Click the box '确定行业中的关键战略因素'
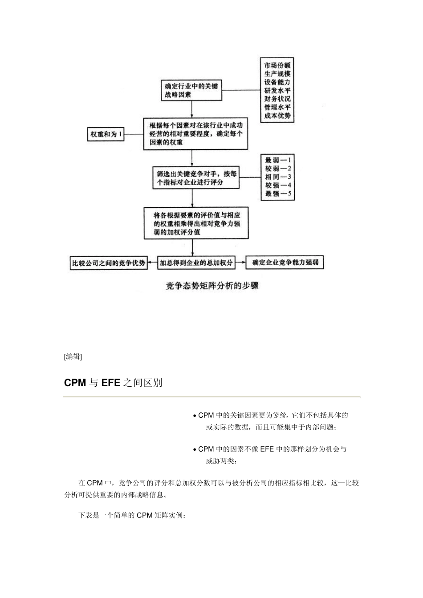coord(191,91)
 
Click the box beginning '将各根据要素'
coord(195,223)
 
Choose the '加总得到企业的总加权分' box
coord(196,263)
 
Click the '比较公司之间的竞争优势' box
coord(109,263)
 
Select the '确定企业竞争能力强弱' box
coord(285,263)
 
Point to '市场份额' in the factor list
coord(277,65)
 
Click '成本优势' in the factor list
coord(277,116)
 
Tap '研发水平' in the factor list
coord(277,91)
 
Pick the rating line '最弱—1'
coord(278,160)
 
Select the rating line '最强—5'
coord(278,194)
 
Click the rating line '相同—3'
coord(278,177)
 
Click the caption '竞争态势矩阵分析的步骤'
coord(212,286)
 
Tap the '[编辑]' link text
coord(73,356)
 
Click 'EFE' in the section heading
coord(111,383)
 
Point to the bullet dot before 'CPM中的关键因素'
coord(195,416)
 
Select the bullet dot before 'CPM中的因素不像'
coord(195,450)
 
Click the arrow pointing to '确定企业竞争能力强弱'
coord(240,263)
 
